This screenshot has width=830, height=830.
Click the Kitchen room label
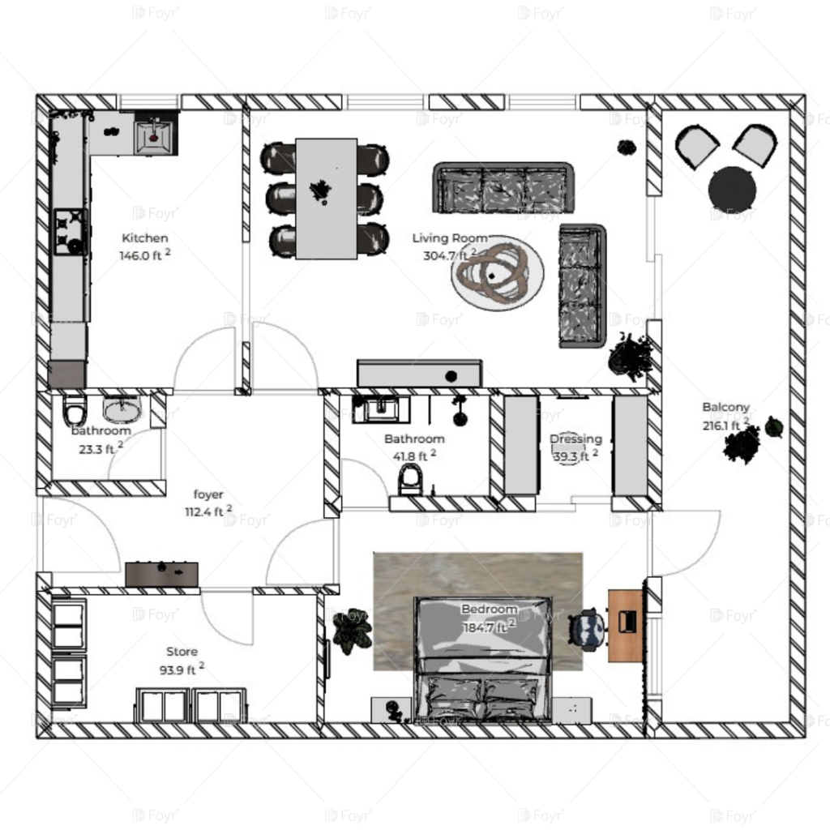[145, 238]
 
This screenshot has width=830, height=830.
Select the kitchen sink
[154, 135]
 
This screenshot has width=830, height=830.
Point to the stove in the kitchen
[70, 232]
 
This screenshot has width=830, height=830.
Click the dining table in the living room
[326, 199]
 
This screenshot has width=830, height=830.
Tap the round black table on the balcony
[732, 190]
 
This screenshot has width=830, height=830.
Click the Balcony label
[725, 407]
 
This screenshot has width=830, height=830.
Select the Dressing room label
[575, 439]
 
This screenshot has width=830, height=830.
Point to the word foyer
[208, 494]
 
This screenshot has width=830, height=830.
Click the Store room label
[182, 652]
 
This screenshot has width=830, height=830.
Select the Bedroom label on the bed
[489, 610]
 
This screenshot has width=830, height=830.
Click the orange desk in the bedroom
[625, 625]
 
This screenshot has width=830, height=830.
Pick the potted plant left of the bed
[352, 630]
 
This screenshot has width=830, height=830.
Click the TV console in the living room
[419, 374]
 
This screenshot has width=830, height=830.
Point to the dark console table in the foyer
[162, 573]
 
